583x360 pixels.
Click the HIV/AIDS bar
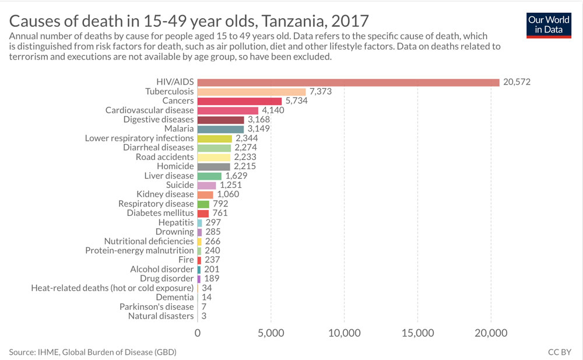click(x=348, y=82)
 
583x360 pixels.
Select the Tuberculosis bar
click(x=251, y=92)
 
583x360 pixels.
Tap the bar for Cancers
click(x=239, y=101)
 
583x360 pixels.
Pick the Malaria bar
click(x=220, y=129)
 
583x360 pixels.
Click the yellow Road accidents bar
click(x=214, y=157)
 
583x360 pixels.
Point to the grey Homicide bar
click(x=213, y=166)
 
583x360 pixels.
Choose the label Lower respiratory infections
click(x=139, y=138)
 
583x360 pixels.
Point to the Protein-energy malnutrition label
click(x=139, y=250)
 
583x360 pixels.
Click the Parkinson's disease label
click(x=156, y=306)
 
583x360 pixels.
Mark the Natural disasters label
click(x=160, y=316)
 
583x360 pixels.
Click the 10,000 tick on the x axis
click(x=344, y=333)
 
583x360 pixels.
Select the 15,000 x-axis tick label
click(x=417, y=333)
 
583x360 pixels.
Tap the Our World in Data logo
click(x=549, y=25)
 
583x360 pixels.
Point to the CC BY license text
click(x=560, y=352)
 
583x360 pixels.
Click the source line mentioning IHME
click(x=93, y=352)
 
